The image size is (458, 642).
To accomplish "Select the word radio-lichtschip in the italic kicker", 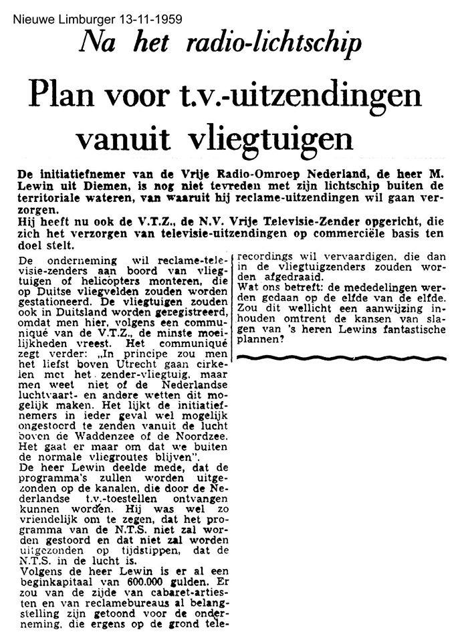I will pos(286,44).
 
